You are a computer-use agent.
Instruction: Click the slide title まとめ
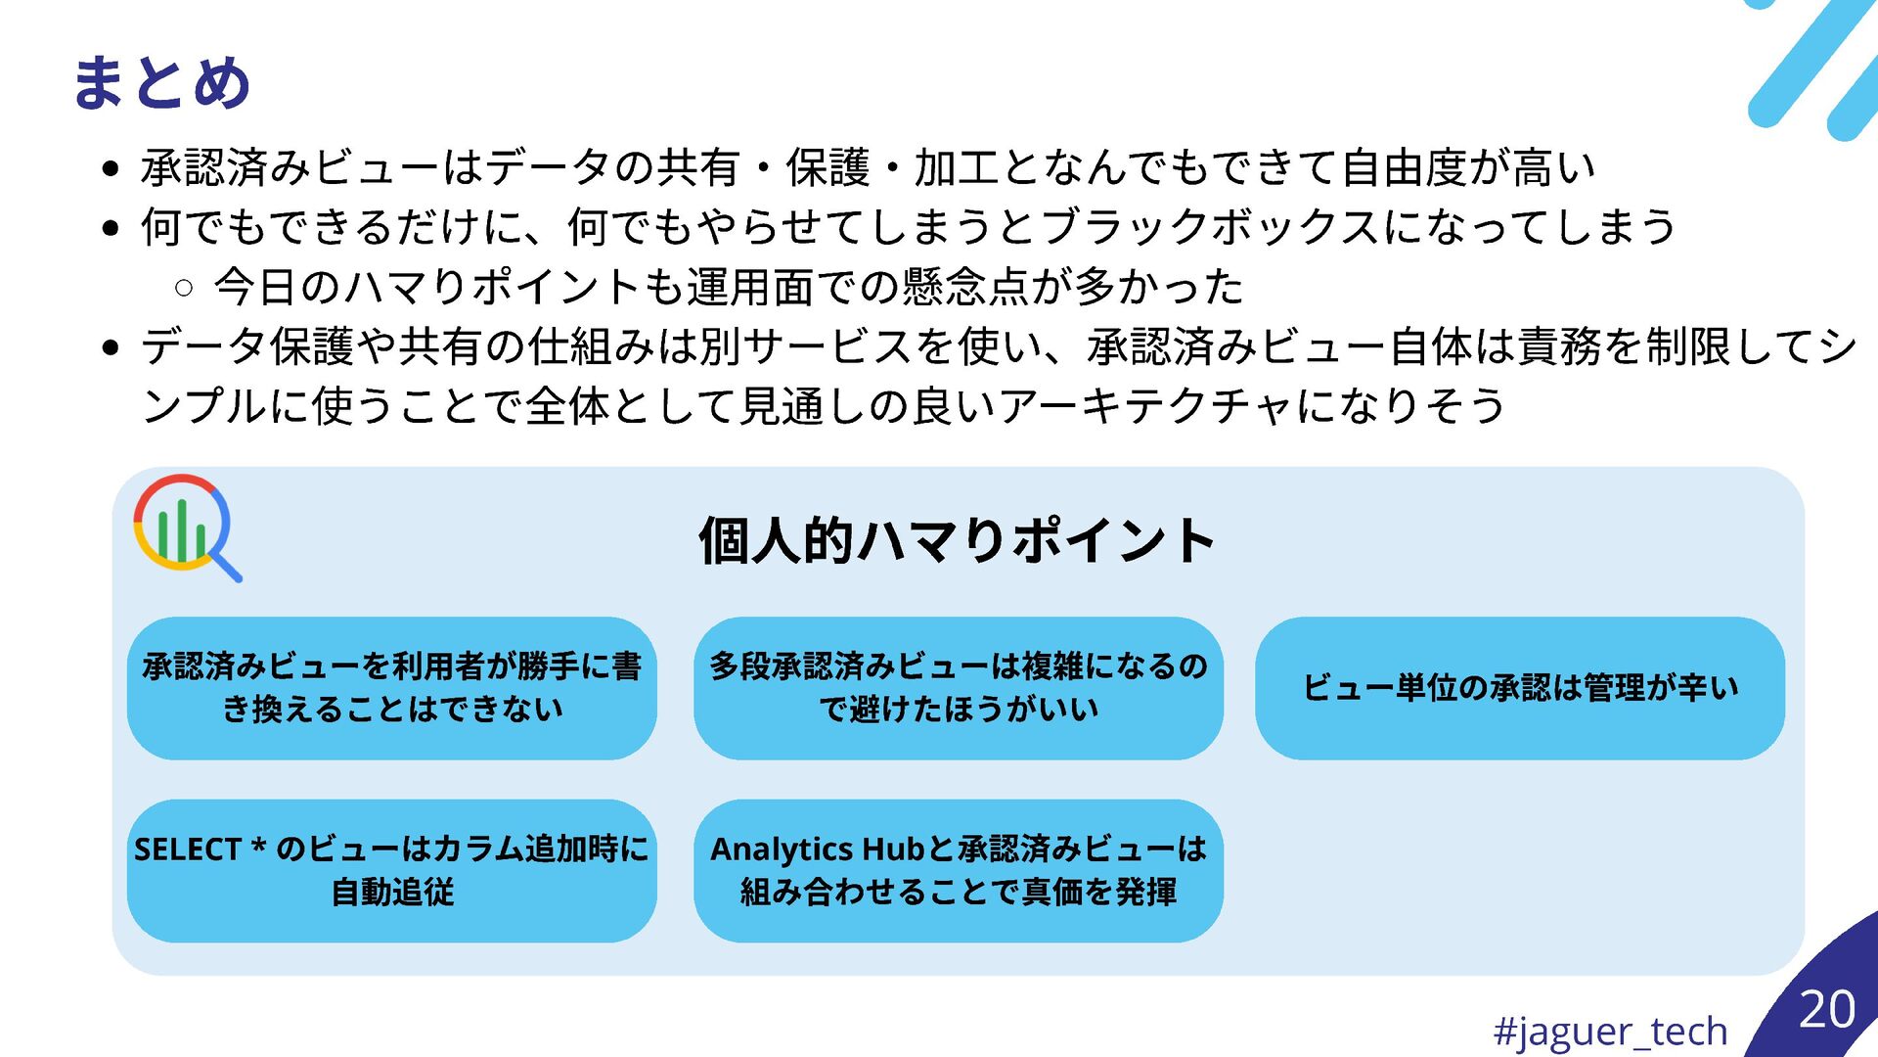[161, 82]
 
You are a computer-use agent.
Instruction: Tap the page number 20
[1826, 1009]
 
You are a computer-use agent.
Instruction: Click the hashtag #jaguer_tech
[1610, 1031]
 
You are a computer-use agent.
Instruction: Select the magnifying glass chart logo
[186, 528]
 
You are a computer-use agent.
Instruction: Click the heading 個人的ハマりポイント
[957, 540]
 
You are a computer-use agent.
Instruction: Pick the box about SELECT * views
[391, 871]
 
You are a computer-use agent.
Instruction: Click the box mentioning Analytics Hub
[958, 871]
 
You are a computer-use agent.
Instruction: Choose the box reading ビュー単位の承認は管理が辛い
[1519, 688]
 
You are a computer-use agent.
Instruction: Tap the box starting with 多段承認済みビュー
[958, 688]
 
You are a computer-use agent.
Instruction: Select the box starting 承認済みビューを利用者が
[391, 688]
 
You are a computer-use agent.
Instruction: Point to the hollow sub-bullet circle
[184, 288]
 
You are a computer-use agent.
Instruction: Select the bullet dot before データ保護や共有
[111, 347]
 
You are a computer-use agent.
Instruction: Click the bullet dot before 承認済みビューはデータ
[111, 168]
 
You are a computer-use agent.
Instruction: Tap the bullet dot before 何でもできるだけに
[111, 228]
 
